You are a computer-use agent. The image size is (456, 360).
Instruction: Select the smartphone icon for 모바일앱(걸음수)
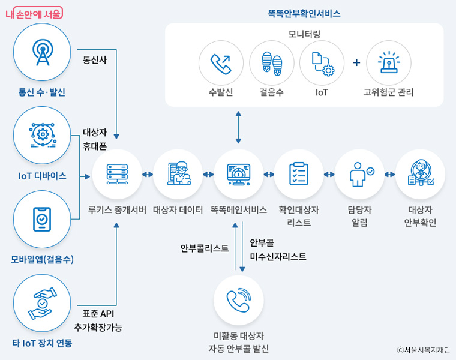point(41,219)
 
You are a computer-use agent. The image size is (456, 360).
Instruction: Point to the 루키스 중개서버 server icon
point(117,174)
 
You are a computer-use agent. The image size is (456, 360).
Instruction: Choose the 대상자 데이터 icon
point(178,174)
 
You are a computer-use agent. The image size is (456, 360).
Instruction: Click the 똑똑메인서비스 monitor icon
point(239,174)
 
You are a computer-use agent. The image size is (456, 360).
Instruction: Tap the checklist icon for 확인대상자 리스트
point(299,174)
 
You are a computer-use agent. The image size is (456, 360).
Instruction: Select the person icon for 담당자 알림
point(359,174)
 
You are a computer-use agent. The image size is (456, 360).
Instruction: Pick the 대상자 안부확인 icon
point(420,174)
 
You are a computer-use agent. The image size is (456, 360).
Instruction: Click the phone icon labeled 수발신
point(221,63)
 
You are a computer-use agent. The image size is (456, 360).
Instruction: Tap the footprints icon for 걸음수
point(271,63)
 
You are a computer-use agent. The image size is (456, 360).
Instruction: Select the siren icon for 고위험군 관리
point(388,63)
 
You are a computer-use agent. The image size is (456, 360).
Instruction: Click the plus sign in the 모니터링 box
point(356,62)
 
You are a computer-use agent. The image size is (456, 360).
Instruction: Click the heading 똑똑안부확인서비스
point(304,13)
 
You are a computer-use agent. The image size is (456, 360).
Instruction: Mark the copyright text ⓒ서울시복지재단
point(423,350)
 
